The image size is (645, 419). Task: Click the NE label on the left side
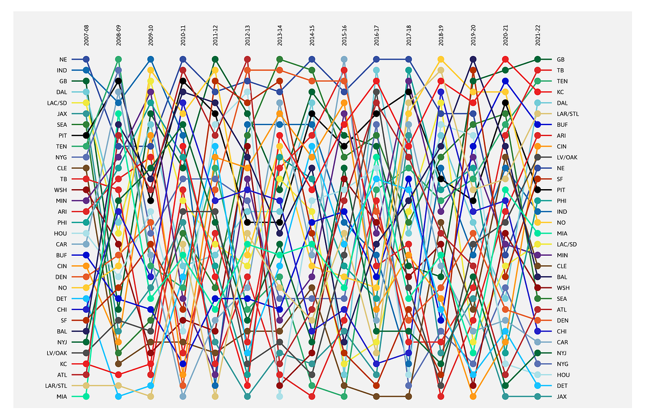(x=63, y=59)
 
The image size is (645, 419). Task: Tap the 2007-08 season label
(x=87, y=33)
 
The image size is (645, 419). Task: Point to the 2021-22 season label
(x=538, y=33)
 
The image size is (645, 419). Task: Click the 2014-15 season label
(x=312, y=33)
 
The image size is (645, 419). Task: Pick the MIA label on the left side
(x=62, y=396)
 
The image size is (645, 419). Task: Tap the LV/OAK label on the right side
(x=566, y=157)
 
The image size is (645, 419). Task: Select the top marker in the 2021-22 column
(x=537, y=59)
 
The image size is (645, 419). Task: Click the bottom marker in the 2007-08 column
(x=86, y=396)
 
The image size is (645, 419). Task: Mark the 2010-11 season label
(x=183, y=33)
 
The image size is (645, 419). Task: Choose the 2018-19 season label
(x=441, y=33)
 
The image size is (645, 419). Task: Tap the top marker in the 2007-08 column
(x=86, y=59)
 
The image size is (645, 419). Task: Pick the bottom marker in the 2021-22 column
(x=537, y=396)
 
